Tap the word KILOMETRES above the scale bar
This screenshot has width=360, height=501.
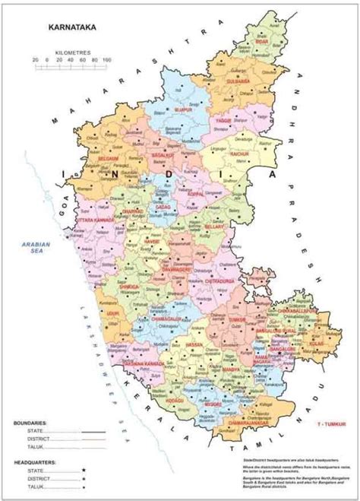pos(72,52)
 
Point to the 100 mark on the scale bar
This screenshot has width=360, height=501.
pos(106,59)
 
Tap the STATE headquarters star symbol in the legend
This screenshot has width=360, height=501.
pos(84,471)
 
